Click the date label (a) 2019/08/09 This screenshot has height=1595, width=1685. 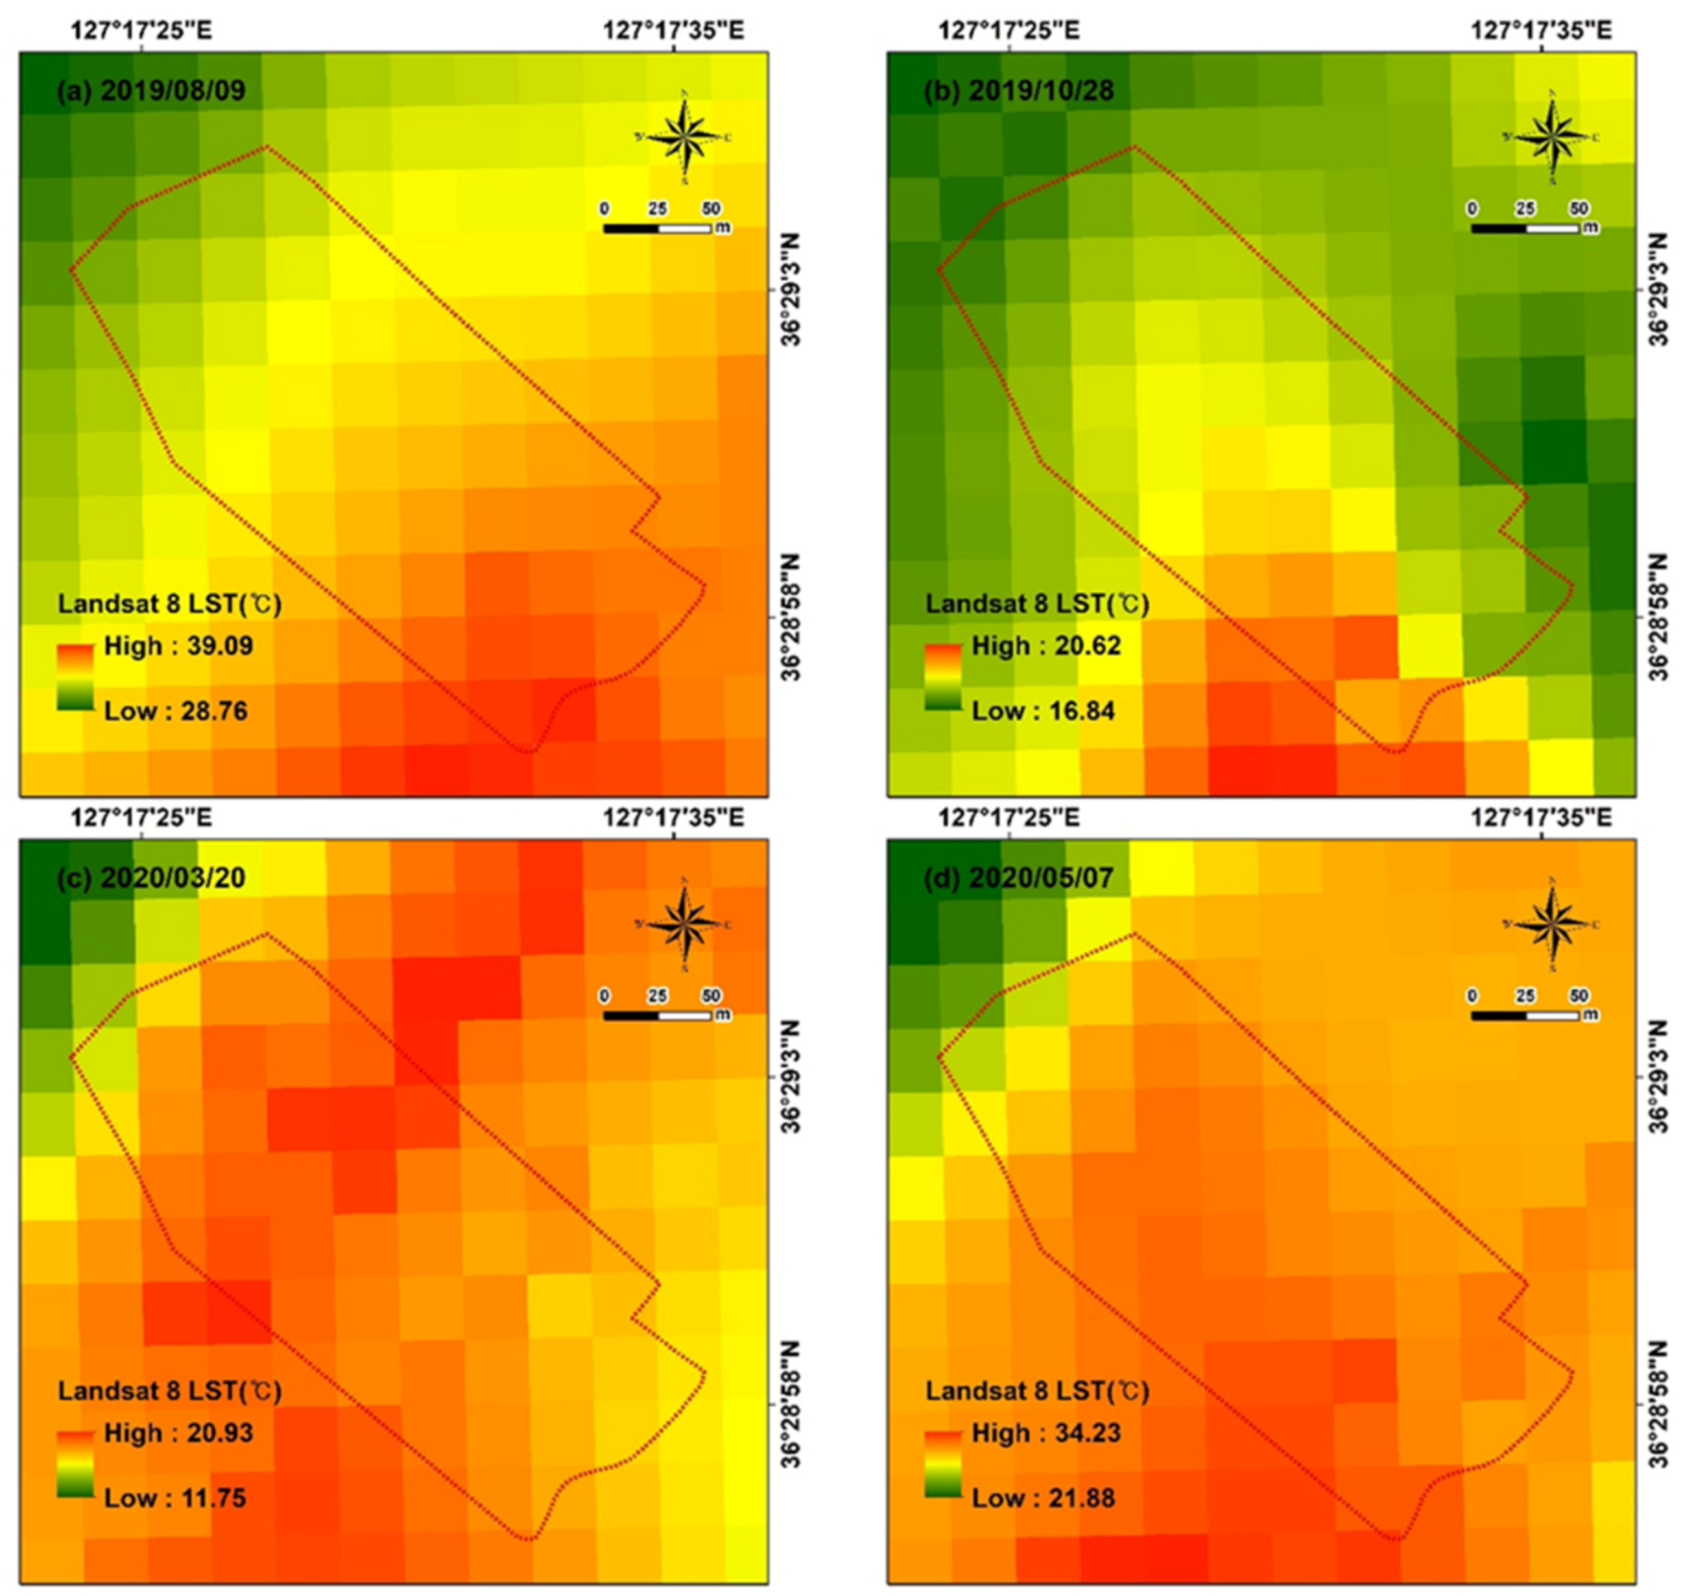(x=150, y=91)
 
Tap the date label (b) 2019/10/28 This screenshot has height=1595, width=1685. (x=1018, y=91)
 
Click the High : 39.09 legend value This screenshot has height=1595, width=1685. (x=178, y=646)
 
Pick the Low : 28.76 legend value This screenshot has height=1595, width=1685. (x=175, y=711)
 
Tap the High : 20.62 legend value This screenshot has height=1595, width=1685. (x=1046, y=646)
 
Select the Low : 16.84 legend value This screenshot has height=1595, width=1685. (x=1043, y=711)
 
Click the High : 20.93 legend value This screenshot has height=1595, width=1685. (x=178, y=1433)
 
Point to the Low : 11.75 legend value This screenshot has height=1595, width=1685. (x=175, y=1498)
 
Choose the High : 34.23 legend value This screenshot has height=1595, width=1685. (x=1046, y=1433)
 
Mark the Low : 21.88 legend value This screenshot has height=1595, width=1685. (x=1043, y=1498)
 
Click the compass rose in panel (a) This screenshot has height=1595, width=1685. (x=684, y=137)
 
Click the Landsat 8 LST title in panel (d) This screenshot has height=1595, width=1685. (x=1036, y=1392)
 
